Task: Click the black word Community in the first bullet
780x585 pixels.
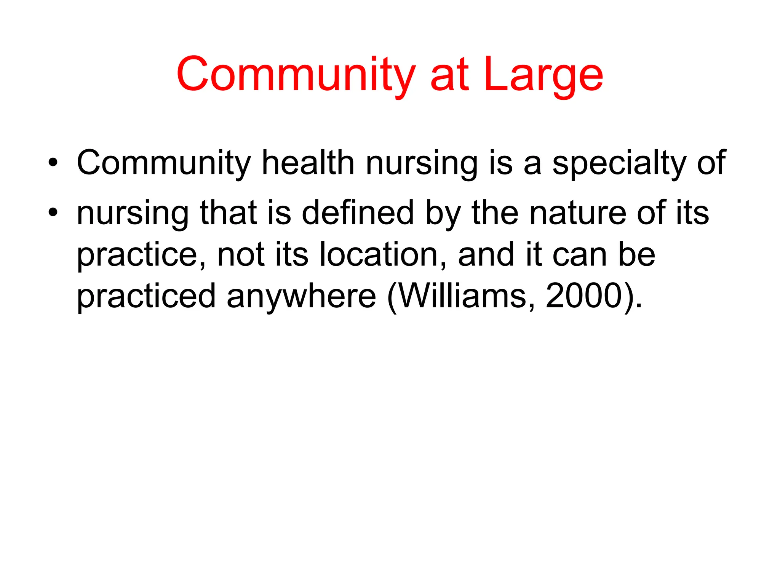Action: [x=164, y=163]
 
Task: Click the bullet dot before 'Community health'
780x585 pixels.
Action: [x=53, y=163]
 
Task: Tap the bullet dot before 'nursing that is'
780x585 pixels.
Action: [x=53, y=212]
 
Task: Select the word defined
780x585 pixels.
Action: [x=358, y=213]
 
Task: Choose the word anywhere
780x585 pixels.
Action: [x=301, y=296]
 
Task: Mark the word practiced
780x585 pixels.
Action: [x=147, y=296]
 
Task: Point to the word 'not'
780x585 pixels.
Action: [x=241, y=254]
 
